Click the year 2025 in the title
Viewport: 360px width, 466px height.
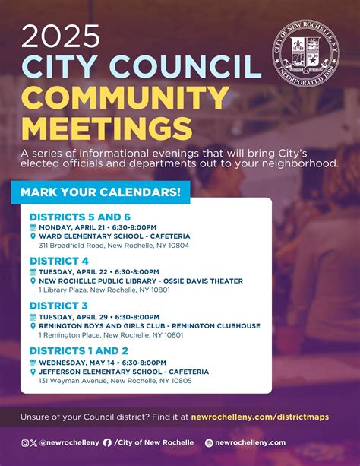[x=61, y=35]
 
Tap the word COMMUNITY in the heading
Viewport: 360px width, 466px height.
[x=125, y=97]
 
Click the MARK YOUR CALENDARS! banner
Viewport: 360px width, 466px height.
[x=100, y=192]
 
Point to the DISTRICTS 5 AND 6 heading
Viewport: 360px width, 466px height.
[x=80, y=217]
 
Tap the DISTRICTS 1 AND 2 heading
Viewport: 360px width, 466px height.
[x=79, y=350]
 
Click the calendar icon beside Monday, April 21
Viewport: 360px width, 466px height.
[x=33, y=227]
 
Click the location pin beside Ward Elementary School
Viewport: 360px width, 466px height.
[x=33, y=236]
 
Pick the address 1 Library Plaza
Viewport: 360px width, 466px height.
[x=106, y=290]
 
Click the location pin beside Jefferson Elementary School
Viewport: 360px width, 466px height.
[x=33, y=371]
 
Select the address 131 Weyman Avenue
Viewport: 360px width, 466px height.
[x=115, y=380]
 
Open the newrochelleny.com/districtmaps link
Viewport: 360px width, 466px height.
[x=271, y=417]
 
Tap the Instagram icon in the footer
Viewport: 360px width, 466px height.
[x=25, y=442]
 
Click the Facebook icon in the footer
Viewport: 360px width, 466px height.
[x=107, y=442]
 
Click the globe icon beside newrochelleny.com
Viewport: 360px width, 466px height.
[x=209, y=442]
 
